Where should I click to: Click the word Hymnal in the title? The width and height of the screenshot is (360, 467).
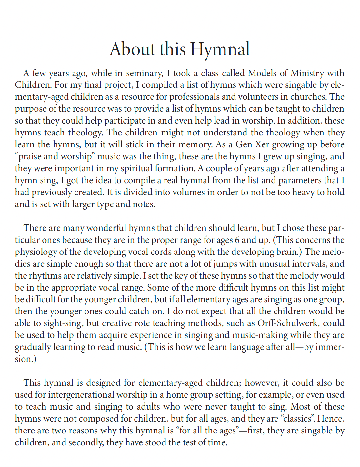220,49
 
